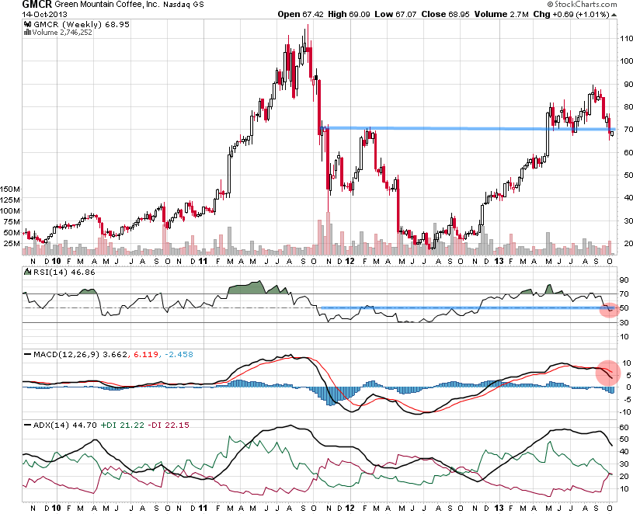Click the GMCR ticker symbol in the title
point(15,5)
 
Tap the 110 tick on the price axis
point(625,38)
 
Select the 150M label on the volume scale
point(11,189)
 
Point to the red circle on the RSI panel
point(610,309)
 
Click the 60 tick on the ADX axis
point(624,427)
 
